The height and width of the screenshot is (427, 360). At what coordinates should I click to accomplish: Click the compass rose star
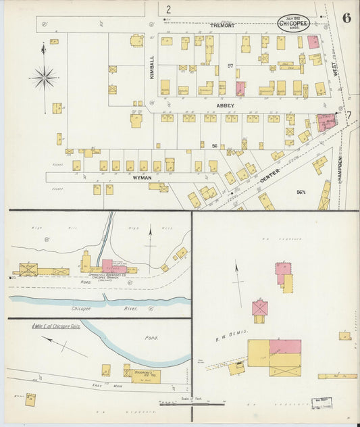tap(45, 78)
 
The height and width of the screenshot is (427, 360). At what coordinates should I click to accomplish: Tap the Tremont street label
tap(222, 25)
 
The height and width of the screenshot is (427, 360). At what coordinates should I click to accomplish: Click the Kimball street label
tap(152, 68)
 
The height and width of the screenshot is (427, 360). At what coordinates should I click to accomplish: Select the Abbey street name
tap(226, 105)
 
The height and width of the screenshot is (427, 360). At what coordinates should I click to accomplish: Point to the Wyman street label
tap(142, 177)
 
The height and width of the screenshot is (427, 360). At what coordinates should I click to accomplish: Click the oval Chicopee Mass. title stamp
tap(294, 23)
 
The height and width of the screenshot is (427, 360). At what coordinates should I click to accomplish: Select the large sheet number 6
tap(346, 18)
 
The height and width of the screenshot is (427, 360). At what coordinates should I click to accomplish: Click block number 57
tap(230, 66)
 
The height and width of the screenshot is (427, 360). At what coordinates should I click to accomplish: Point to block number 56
tap(213, 146)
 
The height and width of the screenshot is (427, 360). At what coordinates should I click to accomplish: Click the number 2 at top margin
tap(168, 9)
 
